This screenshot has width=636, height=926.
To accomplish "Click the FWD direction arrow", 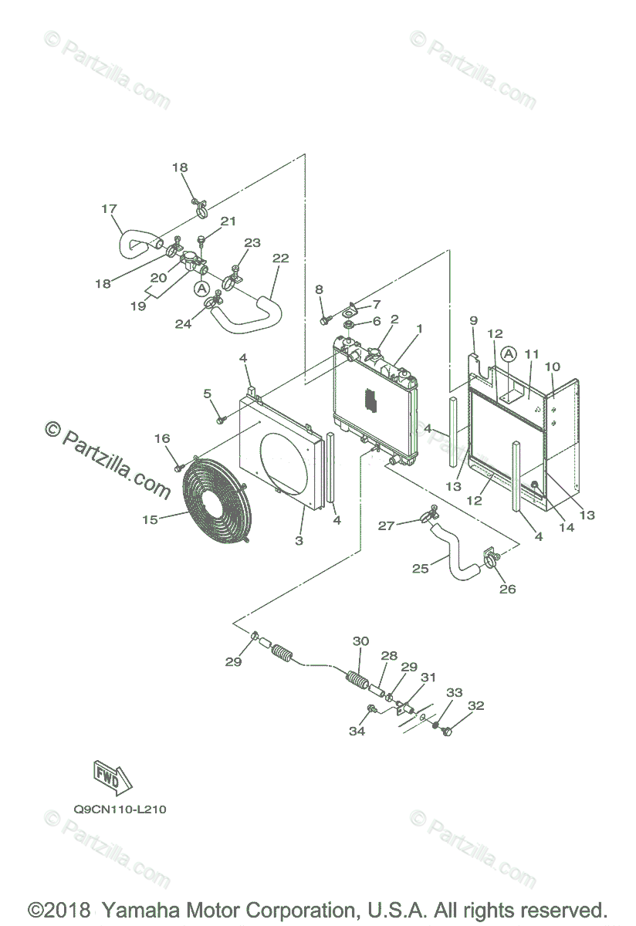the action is click(113, 778).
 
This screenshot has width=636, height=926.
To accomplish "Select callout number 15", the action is click(150, 519).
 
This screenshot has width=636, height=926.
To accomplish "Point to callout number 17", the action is click(109, 209).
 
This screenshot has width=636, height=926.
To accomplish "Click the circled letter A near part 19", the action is click(201, 288).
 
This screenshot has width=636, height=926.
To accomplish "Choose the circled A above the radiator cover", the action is click(509, 354).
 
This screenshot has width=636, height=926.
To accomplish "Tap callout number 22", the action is click(281, 258).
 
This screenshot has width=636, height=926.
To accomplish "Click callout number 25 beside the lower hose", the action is click(420, 569).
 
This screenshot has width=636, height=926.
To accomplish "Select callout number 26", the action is click(507, 589).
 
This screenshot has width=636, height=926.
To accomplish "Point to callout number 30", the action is click(360, 641).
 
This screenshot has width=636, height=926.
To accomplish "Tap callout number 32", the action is click(475, 705).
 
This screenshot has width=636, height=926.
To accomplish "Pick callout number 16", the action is click(162, 438).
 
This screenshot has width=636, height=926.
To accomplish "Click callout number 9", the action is click(474, 320).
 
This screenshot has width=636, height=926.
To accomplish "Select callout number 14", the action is click(567, 527).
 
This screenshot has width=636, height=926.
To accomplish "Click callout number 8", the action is click(319, 289).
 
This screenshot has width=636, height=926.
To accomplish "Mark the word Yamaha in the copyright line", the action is click(140, 910).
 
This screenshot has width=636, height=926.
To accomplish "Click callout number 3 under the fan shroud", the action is click(299, 540).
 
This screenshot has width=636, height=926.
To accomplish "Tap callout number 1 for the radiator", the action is click(420, 329).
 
